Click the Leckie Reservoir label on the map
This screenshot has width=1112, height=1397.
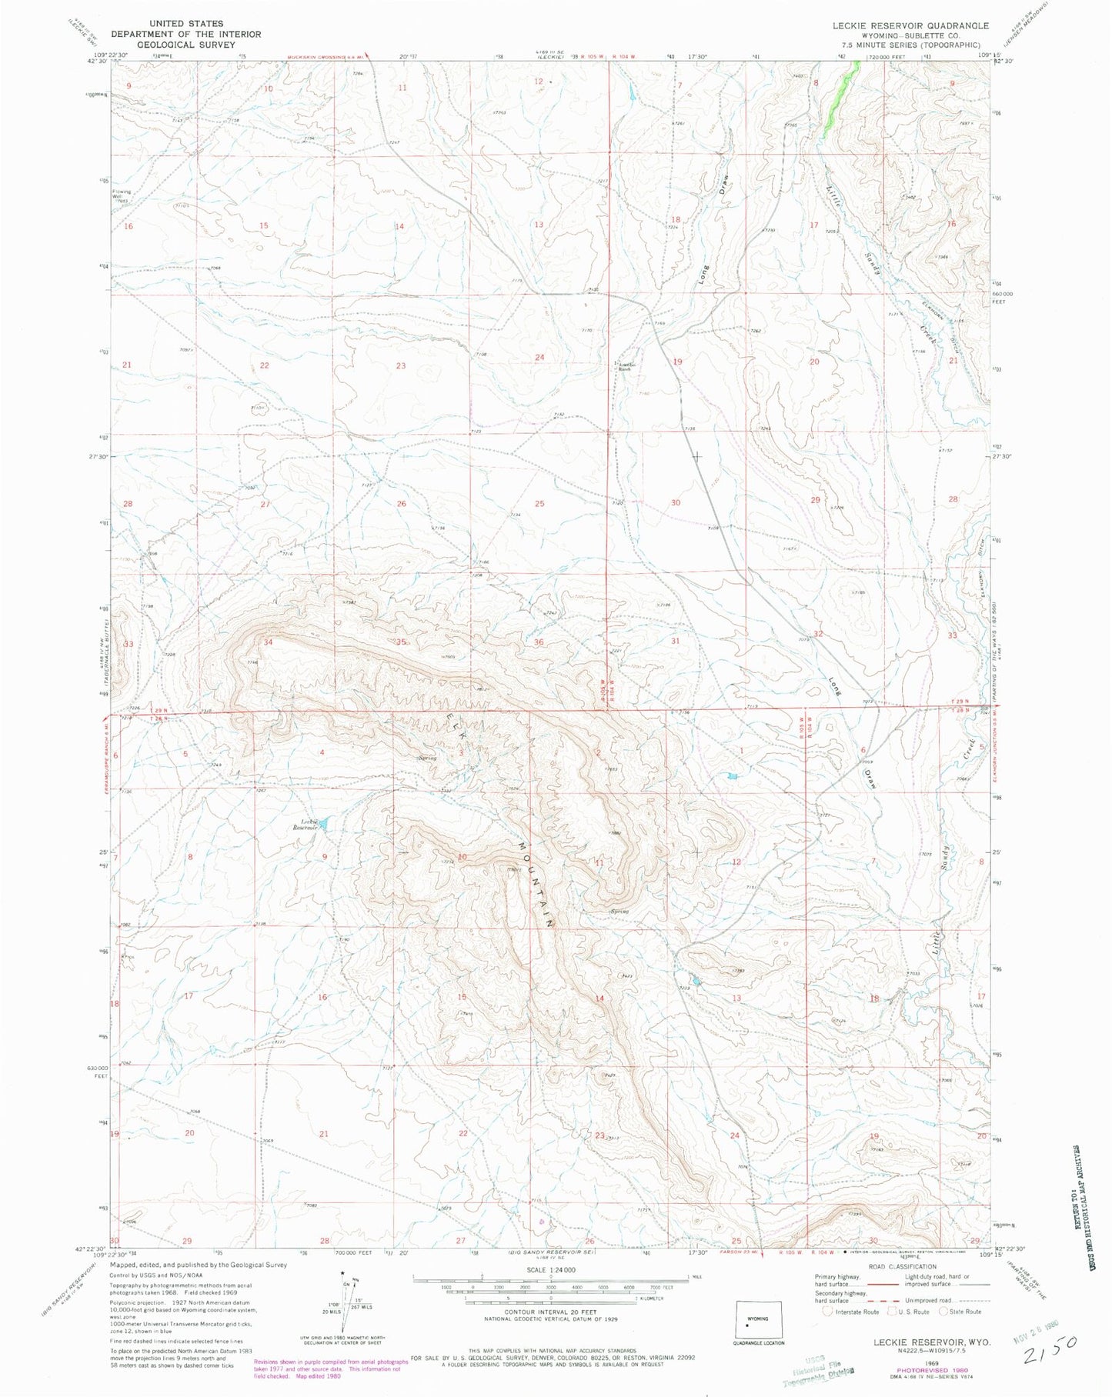[305, 824]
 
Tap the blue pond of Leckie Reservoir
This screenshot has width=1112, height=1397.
[324, 824]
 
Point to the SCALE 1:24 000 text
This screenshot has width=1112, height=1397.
[549, 1270]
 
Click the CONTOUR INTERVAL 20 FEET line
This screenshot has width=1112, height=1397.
[549, 1312]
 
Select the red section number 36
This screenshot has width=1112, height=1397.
[538, 642]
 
